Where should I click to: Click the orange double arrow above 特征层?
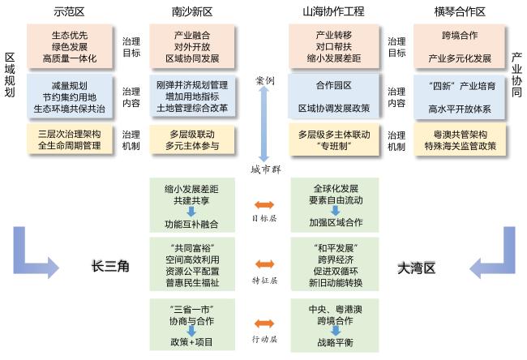(264, 264)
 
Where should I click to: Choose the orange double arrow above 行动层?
(264, 325)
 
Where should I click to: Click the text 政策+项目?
(193, 343)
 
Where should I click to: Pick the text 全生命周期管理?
(69, 146)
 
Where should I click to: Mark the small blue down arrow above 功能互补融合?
(192, 211)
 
